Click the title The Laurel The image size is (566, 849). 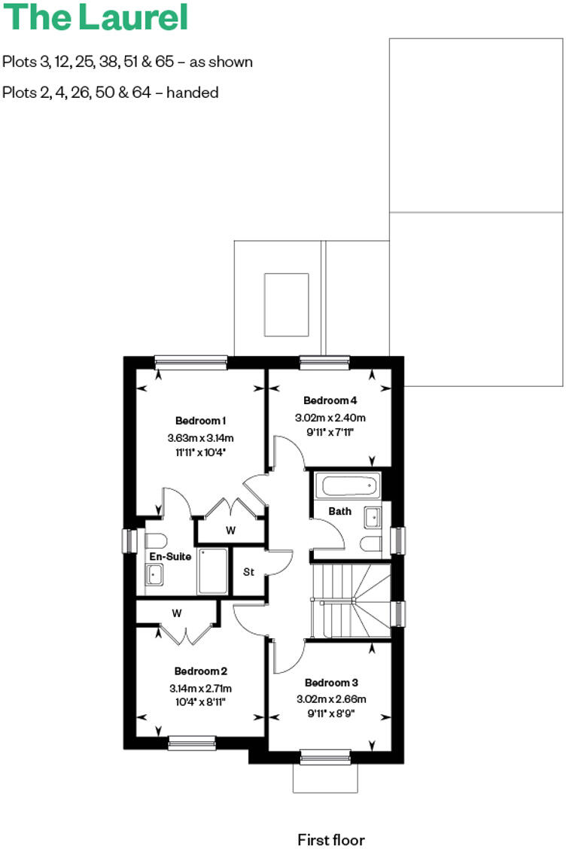96,18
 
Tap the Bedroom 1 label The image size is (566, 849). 201,420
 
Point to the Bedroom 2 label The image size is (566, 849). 201,671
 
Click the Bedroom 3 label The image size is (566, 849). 331,683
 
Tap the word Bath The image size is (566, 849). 340,511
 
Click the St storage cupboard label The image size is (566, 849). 248,572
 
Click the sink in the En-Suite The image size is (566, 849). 155,574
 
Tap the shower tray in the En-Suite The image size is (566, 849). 212,571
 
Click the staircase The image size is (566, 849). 351,599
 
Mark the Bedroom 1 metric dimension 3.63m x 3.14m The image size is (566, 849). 201,437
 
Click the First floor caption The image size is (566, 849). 331,838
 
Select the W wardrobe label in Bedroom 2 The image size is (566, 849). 177,613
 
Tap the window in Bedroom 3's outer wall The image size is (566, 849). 325,756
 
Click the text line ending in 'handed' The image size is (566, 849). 111,93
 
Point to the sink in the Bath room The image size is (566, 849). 372,517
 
